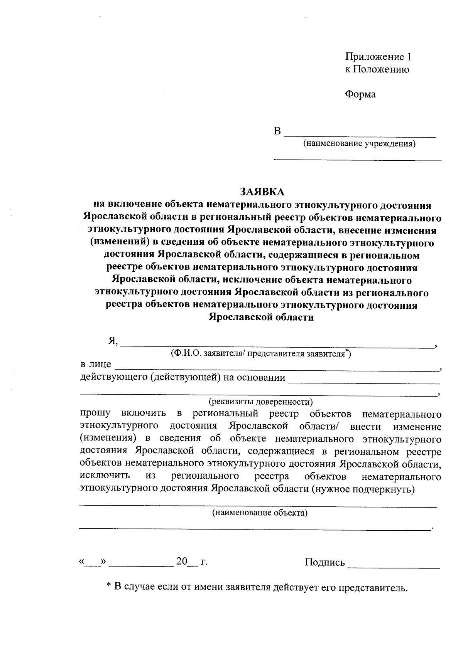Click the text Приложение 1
click(378, 57)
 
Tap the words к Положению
click(377, 69)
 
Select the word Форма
click(360, 94)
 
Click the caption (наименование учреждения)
click(359, 144)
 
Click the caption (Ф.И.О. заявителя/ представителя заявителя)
click(261, 353)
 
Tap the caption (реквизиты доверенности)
click(261, 402)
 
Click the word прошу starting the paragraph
click(95, 414)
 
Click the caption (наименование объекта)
click(260, 513)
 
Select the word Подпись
click(324, 563)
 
